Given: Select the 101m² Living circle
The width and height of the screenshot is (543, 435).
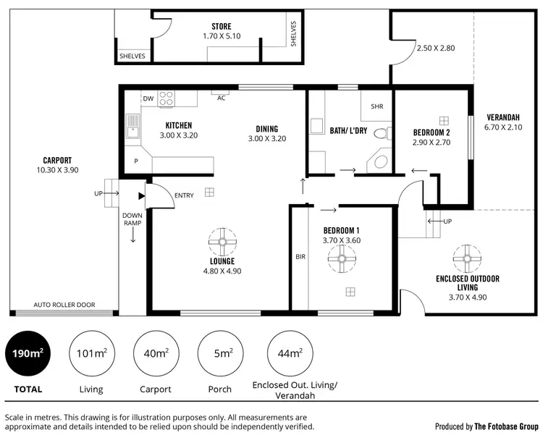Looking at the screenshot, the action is pos(91,353).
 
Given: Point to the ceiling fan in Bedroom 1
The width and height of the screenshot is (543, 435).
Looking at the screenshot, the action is pos(341,258).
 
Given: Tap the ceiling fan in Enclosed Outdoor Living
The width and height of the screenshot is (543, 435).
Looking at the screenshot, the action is pos(467,257).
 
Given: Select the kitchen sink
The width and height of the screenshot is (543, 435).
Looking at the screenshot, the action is pos(132,127).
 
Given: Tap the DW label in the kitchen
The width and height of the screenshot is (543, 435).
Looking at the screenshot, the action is pos(148,98).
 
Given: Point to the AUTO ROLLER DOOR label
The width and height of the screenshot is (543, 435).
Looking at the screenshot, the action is pos(64,305).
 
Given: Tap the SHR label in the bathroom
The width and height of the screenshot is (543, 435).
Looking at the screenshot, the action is pos(376,106).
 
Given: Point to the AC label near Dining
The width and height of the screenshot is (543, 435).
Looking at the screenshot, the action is pos(222,98).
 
